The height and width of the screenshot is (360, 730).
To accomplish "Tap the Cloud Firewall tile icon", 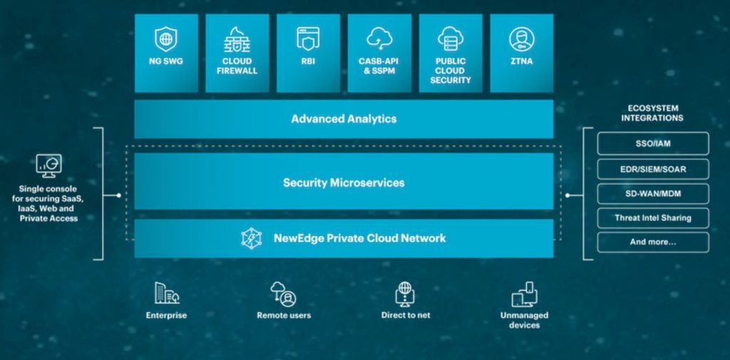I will coord(237,38).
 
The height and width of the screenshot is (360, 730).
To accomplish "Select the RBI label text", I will coord(308,61).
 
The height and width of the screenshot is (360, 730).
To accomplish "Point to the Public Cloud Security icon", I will coord(451,38).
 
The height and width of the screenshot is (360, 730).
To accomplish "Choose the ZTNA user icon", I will coord(521,38).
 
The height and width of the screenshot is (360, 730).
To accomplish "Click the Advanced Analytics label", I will coord(344,119).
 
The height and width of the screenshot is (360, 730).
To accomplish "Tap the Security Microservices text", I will coord(344,182).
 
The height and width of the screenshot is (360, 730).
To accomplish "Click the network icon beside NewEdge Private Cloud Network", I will coord(252,238).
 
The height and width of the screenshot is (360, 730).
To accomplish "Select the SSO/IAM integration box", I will coord(652,143).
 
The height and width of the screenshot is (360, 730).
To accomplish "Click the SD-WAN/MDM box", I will coord(652,193).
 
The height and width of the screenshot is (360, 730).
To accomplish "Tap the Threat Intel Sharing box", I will coord(652,217).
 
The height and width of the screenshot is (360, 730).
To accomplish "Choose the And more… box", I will coord(652,242).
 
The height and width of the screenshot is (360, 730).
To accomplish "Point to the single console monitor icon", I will coord(49,165).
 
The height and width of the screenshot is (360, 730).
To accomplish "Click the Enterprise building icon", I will coord(166,293).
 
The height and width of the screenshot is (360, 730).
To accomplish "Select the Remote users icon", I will coord(283,293).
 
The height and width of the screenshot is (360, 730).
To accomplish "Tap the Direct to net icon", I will coord(405,293).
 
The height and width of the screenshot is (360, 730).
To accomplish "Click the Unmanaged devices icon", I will coord(524,293).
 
